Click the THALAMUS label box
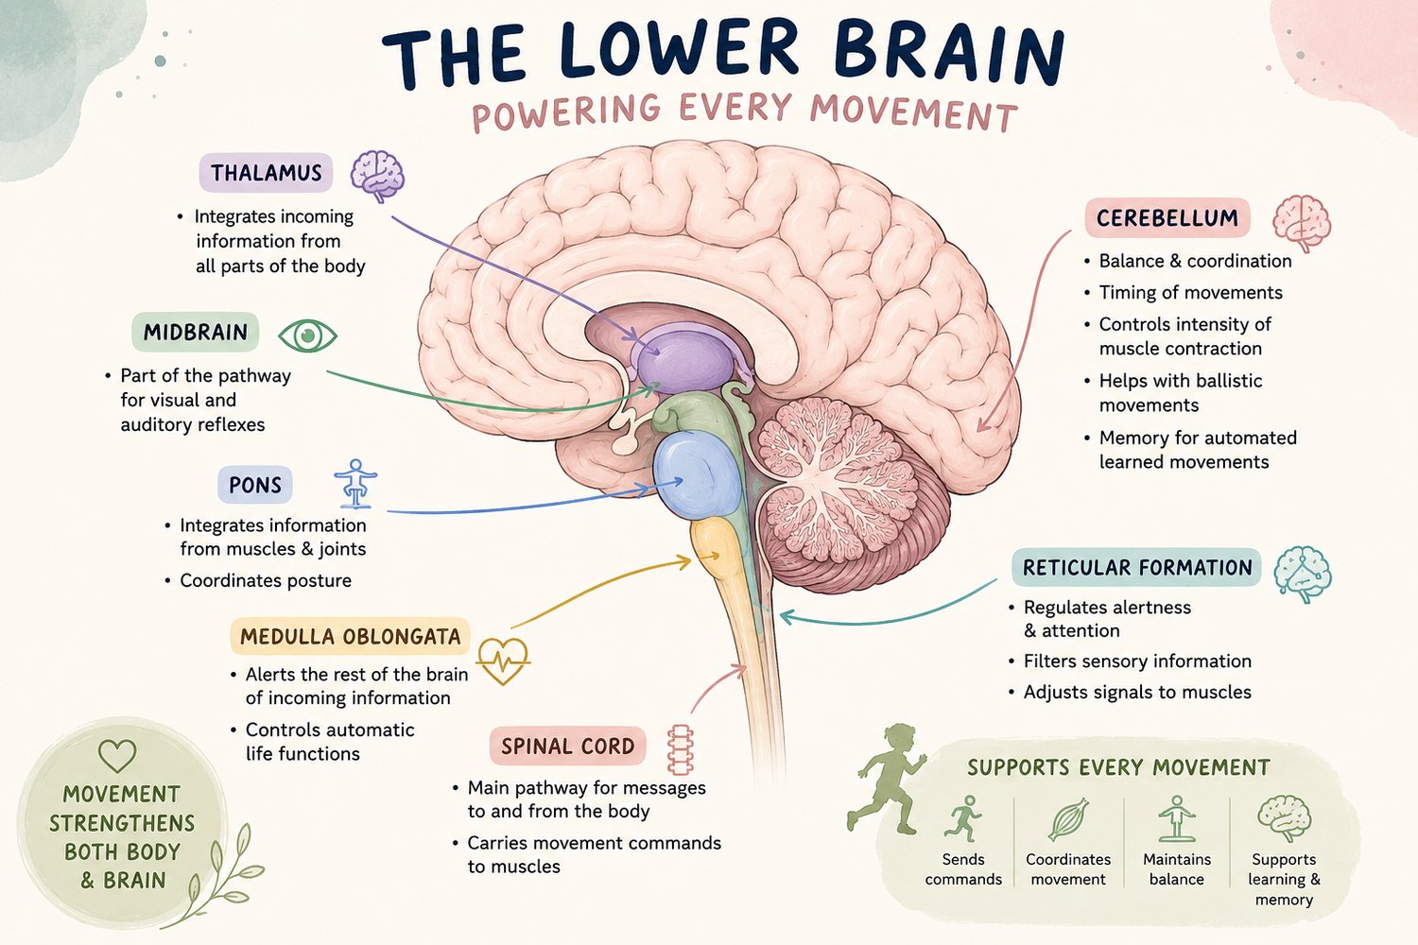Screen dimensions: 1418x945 [x=266, y=172]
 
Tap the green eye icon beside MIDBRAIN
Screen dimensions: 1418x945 [x=307, y=335]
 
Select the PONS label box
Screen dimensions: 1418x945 [x=255, y=485]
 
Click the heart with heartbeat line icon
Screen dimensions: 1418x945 [x=503, y=661]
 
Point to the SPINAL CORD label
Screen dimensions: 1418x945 [x=568, y=746]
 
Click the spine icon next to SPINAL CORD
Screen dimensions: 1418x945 [x=681, y=750]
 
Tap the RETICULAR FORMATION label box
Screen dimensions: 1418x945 [x=1137, y=567]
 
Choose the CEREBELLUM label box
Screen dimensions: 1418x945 [x=1167, y=217]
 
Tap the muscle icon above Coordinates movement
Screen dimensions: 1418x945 [x=1068, y=818]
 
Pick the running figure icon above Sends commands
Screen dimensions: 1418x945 [x=963, y=818]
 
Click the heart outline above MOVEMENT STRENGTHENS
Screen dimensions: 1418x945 [x=117, y=756]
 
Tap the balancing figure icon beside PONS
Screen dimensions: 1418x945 [x=355, y=484]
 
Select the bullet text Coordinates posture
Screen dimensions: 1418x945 [x=266, y=580]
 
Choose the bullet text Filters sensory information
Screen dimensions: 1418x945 [x=1137, y=661]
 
